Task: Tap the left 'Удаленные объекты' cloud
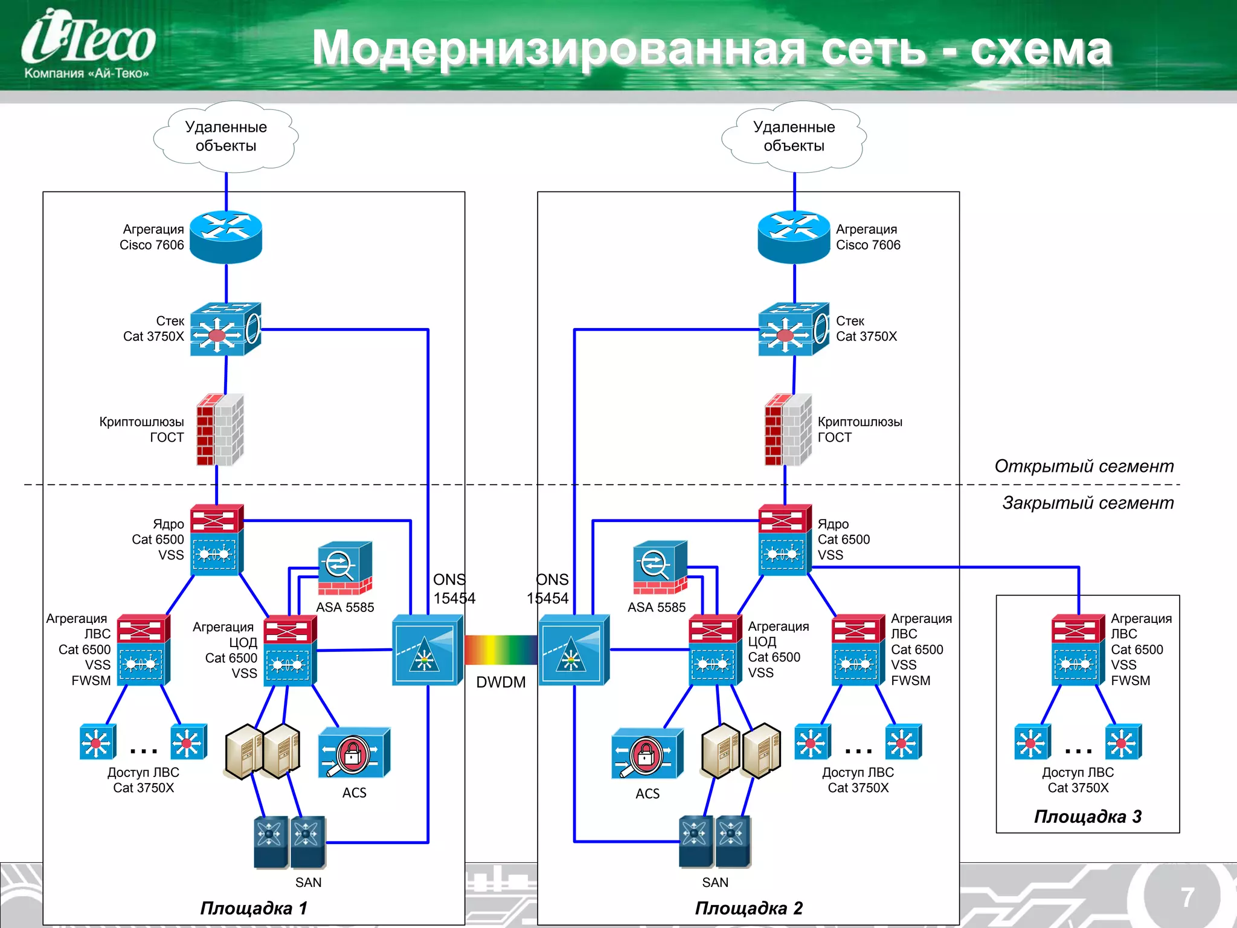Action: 226,137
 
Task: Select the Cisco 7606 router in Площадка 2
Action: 794,237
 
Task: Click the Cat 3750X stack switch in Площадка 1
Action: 225,329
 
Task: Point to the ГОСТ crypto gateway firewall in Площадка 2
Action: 787,430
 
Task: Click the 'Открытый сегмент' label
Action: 1084,466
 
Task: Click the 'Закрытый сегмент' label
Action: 1087,503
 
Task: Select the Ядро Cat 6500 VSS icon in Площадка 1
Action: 216,540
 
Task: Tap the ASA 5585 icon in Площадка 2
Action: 660,567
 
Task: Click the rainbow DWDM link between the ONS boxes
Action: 501,650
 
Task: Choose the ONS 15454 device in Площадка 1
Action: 427,650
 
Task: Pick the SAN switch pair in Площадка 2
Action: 715,842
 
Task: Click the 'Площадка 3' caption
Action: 1087,817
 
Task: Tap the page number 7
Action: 1187,897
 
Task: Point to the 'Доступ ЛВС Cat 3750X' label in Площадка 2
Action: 858,780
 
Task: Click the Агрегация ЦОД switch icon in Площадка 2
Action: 715,649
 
